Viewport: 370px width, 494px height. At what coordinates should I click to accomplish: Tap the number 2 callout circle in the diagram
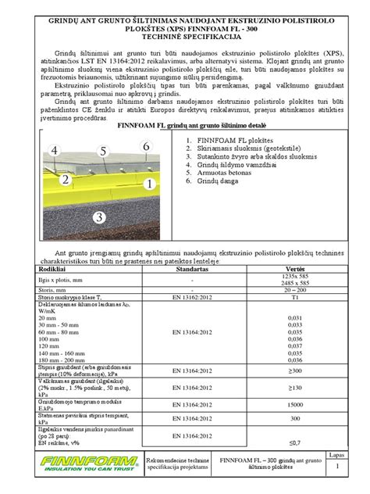(66, 180)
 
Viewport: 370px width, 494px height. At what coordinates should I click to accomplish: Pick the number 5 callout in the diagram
(103, 151)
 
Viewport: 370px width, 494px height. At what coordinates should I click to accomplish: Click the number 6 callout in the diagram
(145, 146)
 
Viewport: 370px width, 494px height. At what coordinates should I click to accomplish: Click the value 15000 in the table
(294, 404)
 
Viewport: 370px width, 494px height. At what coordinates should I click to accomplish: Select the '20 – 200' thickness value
(294, 288)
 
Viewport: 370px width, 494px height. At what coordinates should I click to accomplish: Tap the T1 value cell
(294, 298)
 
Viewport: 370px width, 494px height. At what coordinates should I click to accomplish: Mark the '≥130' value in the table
(294, 388)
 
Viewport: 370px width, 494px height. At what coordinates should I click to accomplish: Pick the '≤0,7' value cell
(294, 442)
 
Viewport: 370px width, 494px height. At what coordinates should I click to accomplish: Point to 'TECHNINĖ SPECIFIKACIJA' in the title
(185, 37)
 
